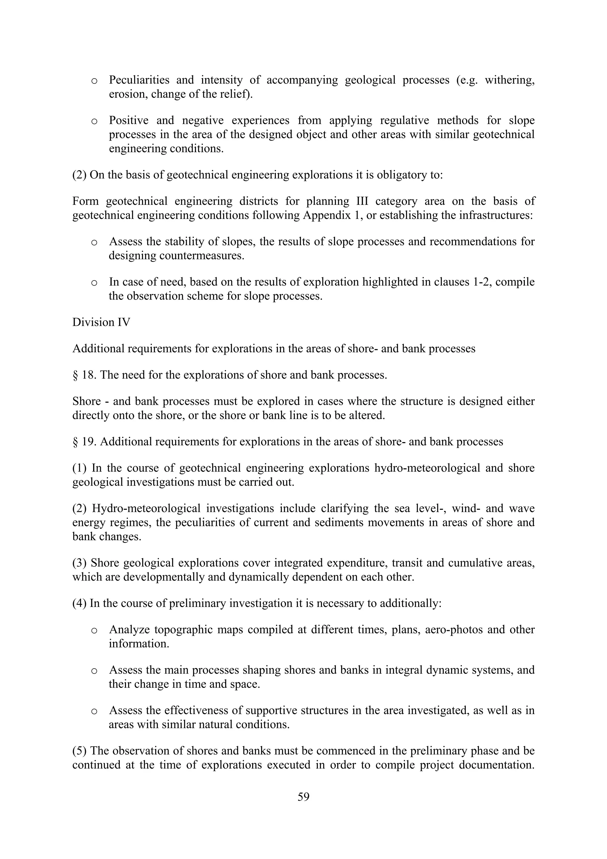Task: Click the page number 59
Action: [x=303, y=797]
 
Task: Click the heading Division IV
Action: [x=101, y=323]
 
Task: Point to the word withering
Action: [x=509, y=80]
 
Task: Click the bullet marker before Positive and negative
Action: [x=94, y=121]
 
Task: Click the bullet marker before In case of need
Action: [x=94, y=283]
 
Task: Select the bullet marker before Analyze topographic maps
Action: [x=94, y=631]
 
